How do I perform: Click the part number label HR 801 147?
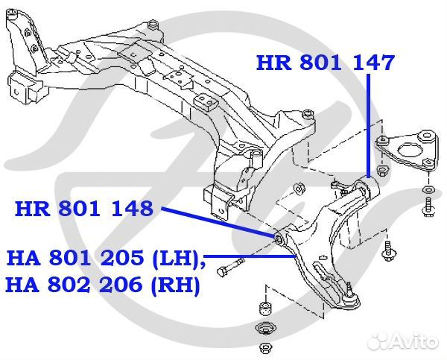pos(325,63)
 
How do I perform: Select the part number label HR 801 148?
pos(83,209)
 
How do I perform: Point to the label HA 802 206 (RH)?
pos(103,285)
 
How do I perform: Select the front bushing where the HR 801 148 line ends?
pos(281,238)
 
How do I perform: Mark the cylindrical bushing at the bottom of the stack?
pos(264,309)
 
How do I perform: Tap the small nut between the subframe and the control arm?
pos(300,187)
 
